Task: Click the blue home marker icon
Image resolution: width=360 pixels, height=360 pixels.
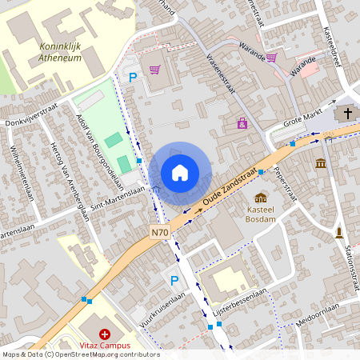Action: click(180, 172)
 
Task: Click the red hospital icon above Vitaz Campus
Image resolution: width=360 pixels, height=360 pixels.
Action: click(104, 333)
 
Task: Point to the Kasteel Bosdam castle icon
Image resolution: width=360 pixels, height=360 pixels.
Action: click(261, 197)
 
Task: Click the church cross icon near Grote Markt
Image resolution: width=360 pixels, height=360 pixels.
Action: click(348, 114)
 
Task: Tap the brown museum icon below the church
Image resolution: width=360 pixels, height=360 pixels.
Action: click(321, 163)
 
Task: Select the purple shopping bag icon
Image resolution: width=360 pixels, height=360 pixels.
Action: click(242, 123)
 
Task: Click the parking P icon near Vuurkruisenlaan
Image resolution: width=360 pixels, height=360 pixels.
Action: click(174, 280)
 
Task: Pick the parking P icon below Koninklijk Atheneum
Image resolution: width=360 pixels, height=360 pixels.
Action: click(133, 77)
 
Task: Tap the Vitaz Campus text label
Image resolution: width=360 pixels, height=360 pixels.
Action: click(104, 346)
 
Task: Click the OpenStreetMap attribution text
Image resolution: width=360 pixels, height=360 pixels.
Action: click(80, 354)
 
